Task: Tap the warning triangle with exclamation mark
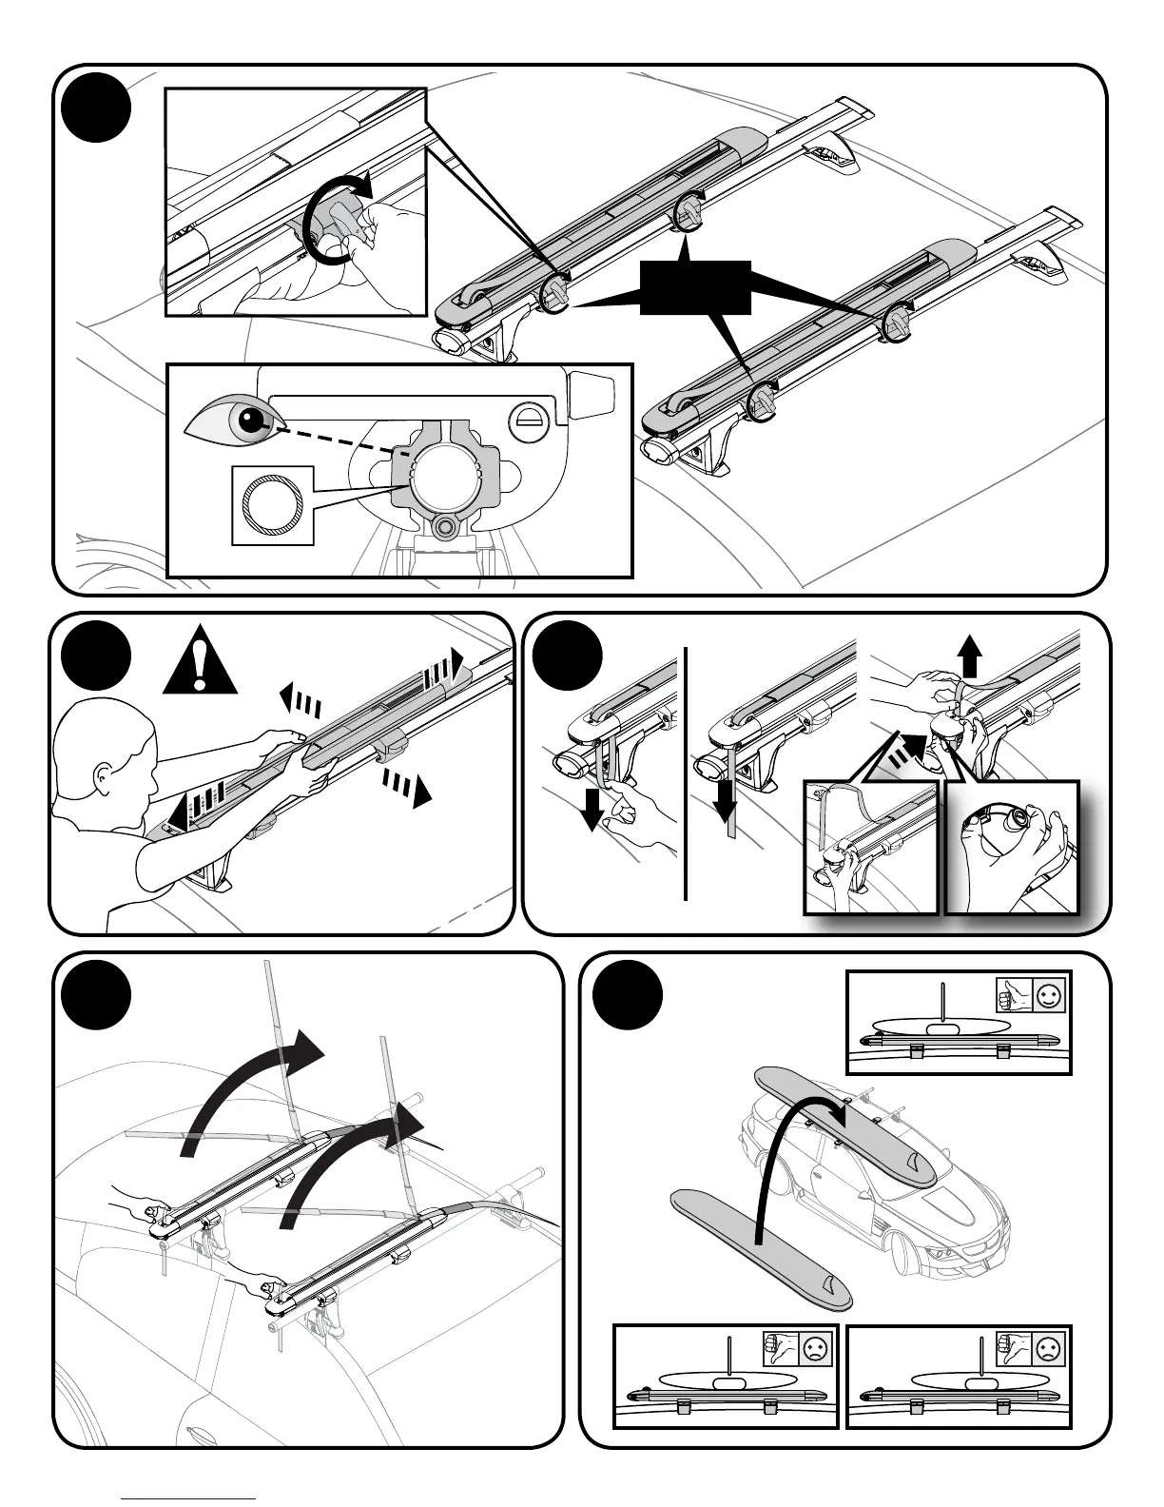click(199, 661)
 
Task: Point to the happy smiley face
click(1049, 996)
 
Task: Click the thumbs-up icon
click(1015, 996)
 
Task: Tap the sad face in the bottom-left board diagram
click(816, 1349)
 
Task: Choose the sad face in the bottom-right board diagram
click(1048, 1349)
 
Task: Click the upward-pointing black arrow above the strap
click(970, 656)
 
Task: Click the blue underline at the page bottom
click(189, 1497)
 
